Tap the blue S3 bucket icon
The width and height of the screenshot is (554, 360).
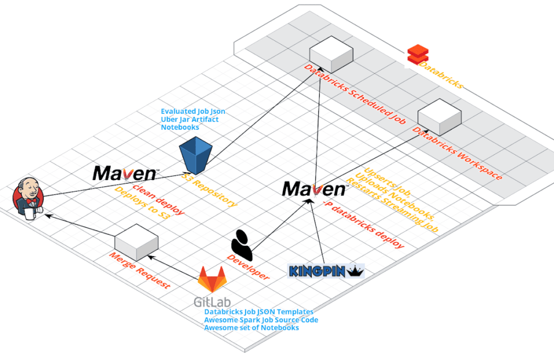point(195,153)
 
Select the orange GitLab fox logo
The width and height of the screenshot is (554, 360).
point(212,279)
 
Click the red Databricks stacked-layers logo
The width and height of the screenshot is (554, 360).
point(418,55)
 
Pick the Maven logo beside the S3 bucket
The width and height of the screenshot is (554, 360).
point(126,173)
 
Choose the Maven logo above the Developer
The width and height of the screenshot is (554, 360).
point(314,188)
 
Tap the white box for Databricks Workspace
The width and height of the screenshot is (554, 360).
point(439,116)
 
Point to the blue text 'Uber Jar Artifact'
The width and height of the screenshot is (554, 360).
point(190,119)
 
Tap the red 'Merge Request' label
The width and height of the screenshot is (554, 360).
point(140,271)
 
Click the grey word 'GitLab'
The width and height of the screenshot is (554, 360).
point(212,302)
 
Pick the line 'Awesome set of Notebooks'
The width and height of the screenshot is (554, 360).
point(252,328)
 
